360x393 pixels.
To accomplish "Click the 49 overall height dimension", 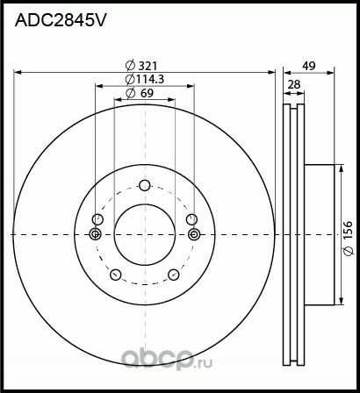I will pyautogui.click(x=307, y=65).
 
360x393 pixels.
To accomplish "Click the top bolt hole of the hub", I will pyautogui.click(x=145, y=184).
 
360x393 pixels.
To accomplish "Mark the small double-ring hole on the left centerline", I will pyautogui.click(x=96, y=233).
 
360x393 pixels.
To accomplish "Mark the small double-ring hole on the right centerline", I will pyautogui.click(x=194, y=233).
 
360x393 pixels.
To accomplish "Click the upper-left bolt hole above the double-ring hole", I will pyautogui.click(x=98, y=219).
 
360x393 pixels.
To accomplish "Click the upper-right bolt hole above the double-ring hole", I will pyautogui.click(x=191, y=219).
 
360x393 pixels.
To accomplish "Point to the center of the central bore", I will pyautogui.click(x=145, y=233).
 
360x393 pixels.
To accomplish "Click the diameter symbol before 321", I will pyautogui.click(x=130, y=65).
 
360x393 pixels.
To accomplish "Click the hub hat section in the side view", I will pyautogui.click(x=320, y=232).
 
